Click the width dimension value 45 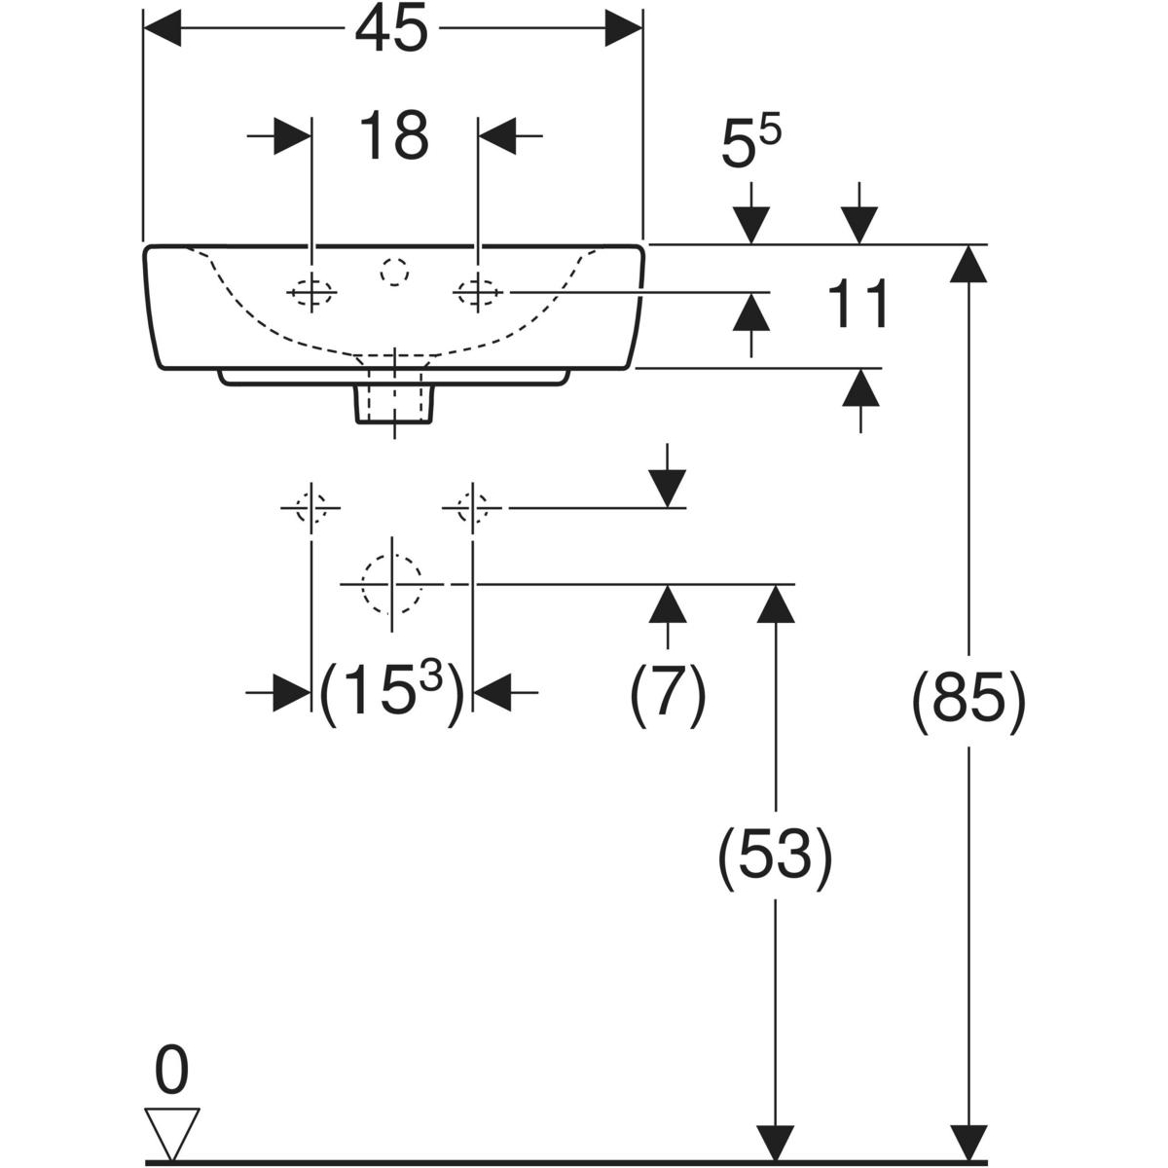(x=391, y=30)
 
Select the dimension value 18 (x=393, y=135)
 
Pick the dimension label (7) (x=668, y=695)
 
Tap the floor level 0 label (x=171, y=1074)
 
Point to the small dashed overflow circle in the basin (x=394, y=274)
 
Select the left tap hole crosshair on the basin (x=311, y=291)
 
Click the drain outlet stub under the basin (x=394, y=401)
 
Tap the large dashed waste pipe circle (x=391, y=584)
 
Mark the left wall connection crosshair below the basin (x=310, y=507)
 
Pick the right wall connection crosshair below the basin (x=472, y=507)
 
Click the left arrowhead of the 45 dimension (x=163, y=29)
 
